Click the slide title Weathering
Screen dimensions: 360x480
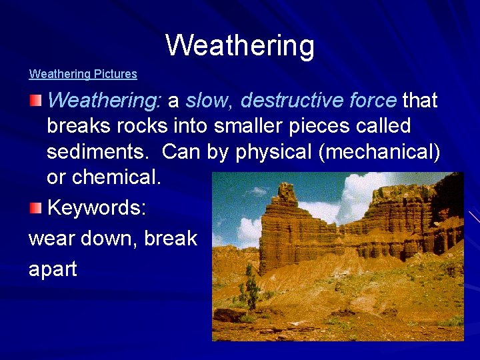pyautogui.click(x=240, y=45)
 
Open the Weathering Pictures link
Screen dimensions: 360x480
pyautogui.click(x=83, y=74)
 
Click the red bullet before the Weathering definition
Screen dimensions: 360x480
pyautogui.click(x=35, y=101)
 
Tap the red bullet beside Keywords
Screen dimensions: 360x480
pyautogui.click(x=35, y=209)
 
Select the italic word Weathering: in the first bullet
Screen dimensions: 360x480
pyautogui.click(x=105, y=101)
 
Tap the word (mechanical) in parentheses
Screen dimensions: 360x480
pyautogui.click(x=379, y=151)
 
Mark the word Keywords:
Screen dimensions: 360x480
pyautogui.click(x=97, y=208)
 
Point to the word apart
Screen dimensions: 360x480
pyautogui.click(x=53, y=269)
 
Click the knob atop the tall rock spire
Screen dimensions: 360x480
pyautogui.click(x=287, y=191)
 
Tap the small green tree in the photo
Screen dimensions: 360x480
pyautogui.click(x=252, y=287)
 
